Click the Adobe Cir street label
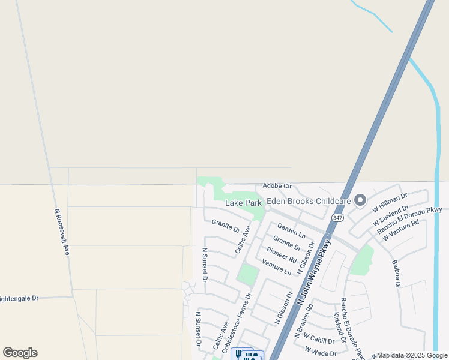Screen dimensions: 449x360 pyautogui.click(x=277, y=187)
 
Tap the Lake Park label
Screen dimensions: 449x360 pyautogui.click(x=243, y=203)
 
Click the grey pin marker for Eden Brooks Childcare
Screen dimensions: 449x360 pyautogui.click(x=360, y=200)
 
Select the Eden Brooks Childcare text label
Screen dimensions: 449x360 pyautogui.click(x=309, y=201)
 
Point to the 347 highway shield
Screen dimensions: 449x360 pyautogui.click(x=337, y=218)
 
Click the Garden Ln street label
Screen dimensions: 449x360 pyautogui.click(x=291, y=231)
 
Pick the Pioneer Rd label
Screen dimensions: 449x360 pyautogui.click(x=282, y=255)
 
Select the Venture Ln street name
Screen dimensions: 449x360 pyautogui.click(x=276, y=267)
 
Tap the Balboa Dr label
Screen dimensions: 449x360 pyautogui.click(x=396, y=272)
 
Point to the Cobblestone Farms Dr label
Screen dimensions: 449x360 pyautogui.click(x=236, y=323)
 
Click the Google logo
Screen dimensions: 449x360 pyautogui.click(x=20, y=353)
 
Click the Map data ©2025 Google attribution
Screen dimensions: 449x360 pyautogui.click(x=412, y=355)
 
